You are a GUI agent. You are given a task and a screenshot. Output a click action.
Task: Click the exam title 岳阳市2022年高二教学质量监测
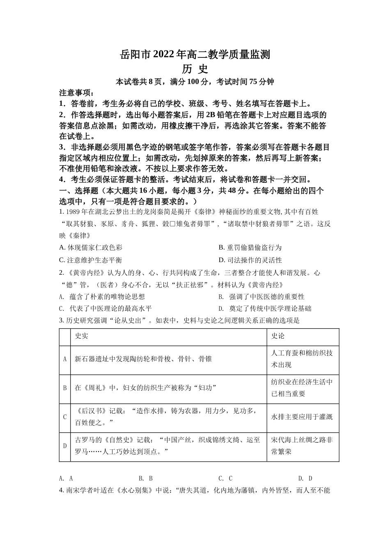coord(195,54)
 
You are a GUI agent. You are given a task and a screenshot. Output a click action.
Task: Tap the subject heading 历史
coord(195,68)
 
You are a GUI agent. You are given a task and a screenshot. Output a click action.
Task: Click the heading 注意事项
coord(77,93)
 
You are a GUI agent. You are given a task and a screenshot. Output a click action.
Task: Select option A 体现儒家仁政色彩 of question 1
coord(91,247)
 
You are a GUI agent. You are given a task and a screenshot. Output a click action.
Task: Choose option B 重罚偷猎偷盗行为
coord(250,247)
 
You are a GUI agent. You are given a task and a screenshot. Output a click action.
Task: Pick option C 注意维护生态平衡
coord(91,260)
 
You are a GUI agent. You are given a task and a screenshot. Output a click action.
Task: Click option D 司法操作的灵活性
coord(250,260)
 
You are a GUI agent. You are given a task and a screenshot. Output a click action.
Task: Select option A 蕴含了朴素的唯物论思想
coord(102,296)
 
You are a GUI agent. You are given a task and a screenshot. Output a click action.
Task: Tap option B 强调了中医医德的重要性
coord(262,296)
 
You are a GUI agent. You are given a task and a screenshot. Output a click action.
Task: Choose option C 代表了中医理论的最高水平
coord(106,308)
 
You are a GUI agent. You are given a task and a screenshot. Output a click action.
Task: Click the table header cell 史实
coord(82,336)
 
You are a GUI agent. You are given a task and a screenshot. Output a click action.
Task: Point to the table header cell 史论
coord(278,336)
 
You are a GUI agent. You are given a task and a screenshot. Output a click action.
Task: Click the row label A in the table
coord(65,359)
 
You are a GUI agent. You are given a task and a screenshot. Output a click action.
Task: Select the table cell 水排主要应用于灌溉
coord(302,417)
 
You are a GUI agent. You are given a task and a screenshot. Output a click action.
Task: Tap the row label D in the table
coord(65,446)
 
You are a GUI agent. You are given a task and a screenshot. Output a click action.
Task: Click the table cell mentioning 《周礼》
coord(146,388)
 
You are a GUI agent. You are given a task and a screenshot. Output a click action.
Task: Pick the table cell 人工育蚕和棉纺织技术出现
coord(302,359)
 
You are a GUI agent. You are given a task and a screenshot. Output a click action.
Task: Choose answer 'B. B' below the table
coord(146,478)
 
